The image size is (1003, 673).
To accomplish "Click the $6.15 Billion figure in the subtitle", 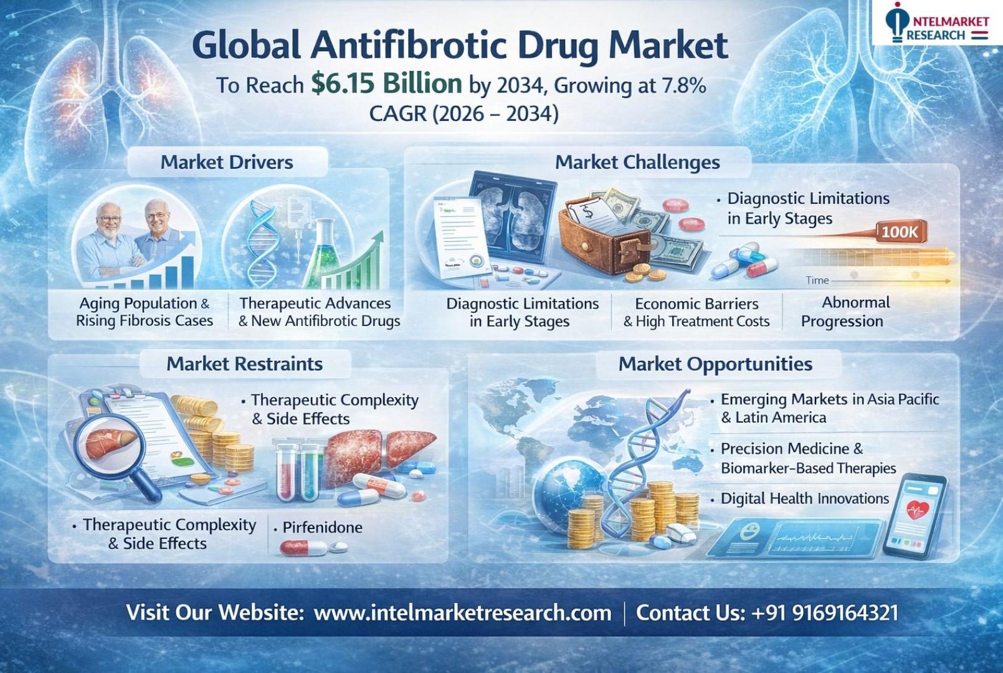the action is click(386, 84).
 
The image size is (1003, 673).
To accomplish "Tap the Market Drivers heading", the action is click(227, 162).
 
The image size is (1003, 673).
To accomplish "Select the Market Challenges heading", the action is click(637, 162).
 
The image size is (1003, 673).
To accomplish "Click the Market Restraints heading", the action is click(244, 364).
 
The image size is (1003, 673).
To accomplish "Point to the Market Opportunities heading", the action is click(715, 364).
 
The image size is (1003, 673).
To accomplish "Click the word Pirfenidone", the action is click(323, 527).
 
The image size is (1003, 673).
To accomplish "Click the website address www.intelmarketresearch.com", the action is click(462, 613).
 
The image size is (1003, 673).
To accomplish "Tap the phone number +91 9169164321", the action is click(824, 613).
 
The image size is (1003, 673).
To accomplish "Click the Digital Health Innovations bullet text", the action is click(805, 499).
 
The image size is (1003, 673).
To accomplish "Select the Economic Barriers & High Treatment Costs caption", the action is click(696, 312).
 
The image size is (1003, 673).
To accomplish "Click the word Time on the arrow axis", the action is click(817, 280).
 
